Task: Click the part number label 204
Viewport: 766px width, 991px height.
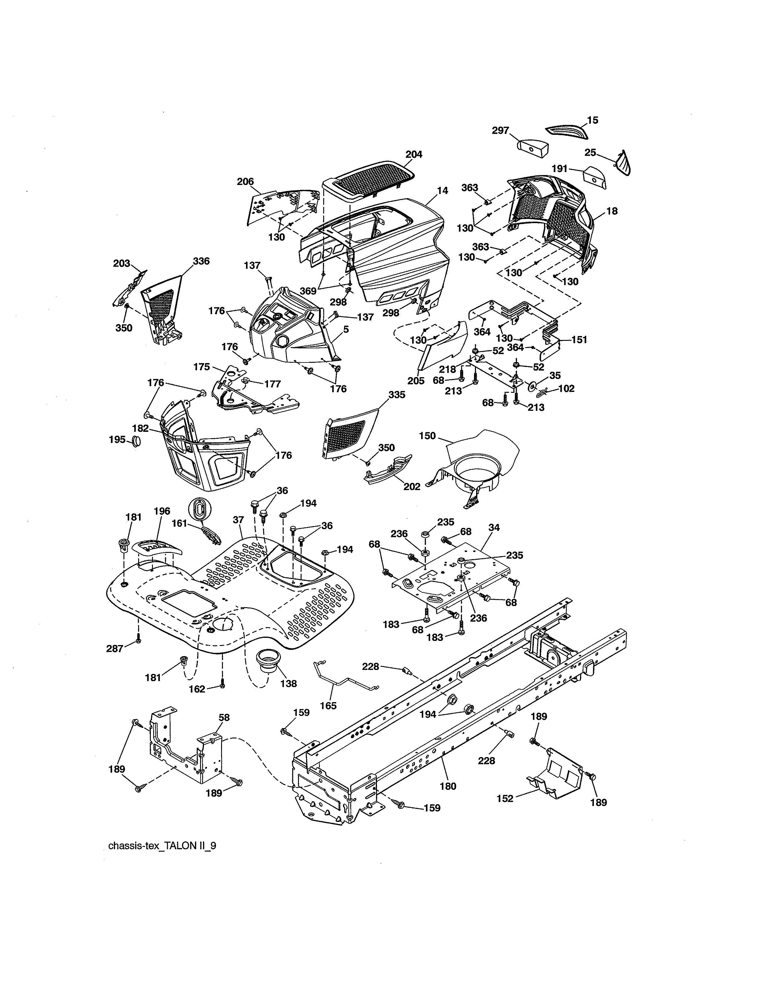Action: (x=413, y=154)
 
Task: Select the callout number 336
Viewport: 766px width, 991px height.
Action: (x=201, y=261)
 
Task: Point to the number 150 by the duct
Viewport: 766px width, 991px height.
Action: (x=427, y=436)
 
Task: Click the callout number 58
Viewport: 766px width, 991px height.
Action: (x=224, y=718)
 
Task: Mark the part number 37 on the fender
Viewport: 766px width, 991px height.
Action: (x=239, y=520)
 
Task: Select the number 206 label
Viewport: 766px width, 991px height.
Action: (x=245, y=181)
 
